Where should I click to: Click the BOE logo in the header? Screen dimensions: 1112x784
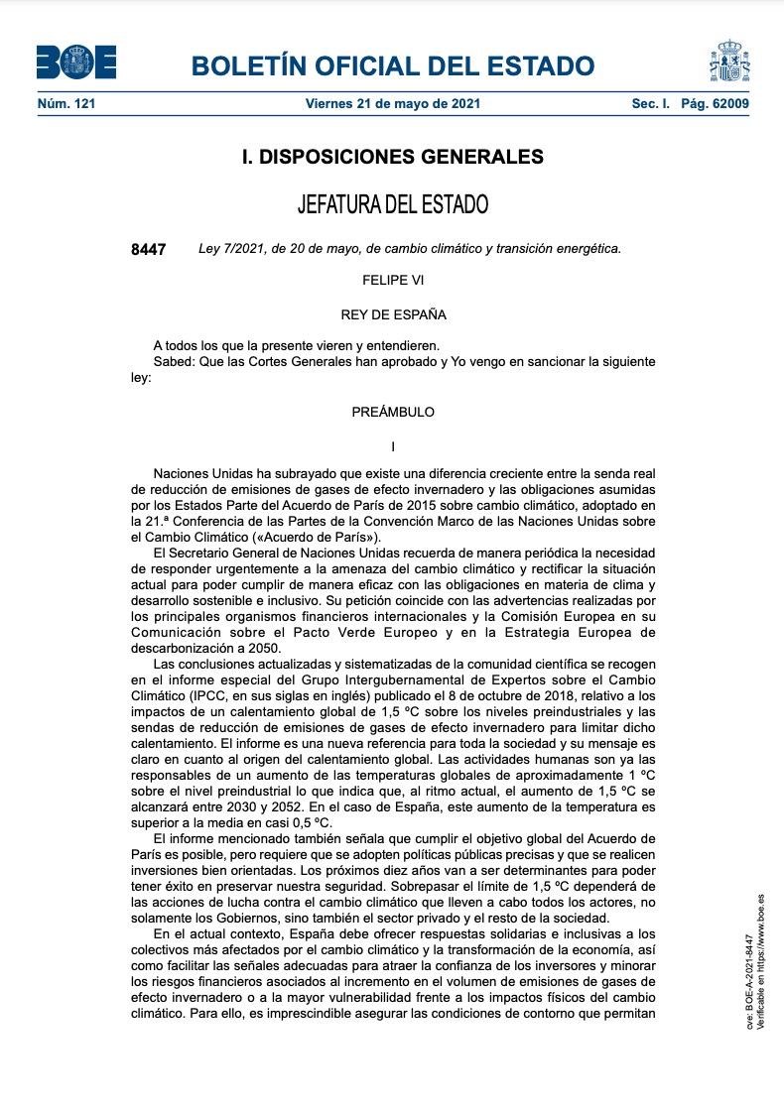76,63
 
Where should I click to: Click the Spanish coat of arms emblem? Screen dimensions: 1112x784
729,62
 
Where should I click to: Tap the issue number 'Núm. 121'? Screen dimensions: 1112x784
65,103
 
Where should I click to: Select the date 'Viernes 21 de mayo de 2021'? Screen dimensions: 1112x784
393,103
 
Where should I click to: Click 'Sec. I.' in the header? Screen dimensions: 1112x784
651,103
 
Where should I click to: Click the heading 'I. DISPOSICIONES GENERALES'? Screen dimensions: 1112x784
393,157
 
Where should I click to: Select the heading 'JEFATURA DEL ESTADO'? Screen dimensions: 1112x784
393,205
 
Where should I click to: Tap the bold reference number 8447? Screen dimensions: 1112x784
149,249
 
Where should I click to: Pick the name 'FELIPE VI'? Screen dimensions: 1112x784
393,281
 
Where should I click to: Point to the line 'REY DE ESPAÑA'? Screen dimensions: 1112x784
393,315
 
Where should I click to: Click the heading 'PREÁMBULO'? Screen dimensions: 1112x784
393,412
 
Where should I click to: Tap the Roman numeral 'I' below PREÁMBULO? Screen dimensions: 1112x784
393,446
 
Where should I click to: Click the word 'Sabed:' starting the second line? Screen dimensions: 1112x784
174,362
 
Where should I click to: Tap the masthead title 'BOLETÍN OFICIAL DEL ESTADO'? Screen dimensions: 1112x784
393,66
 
